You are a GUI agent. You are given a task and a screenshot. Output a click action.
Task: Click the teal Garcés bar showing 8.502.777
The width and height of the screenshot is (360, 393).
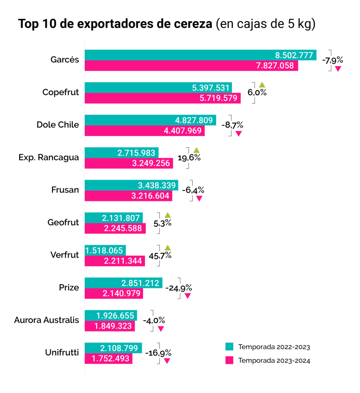coord(200,55)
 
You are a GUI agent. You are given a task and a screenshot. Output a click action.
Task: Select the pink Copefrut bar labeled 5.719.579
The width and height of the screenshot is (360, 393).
coord(162,98)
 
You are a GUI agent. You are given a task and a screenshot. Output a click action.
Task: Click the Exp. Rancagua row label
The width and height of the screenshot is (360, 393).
coord(48,157)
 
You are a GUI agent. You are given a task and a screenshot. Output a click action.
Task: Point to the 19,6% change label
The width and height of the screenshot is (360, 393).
coord(189,158)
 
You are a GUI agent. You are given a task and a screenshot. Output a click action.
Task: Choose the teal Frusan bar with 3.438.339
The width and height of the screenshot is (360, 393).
coord(131,185)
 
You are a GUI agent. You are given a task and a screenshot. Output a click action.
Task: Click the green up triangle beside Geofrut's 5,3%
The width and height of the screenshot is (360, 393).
coord(168,215)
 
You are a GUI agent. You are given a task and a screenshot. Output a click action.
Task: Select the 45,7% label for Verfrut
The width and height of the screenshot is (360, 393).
coord(160,256)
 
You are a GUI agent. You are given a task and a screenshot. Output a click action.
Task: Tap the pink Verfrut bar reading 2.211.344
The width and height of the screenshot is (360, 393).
coord(115,261)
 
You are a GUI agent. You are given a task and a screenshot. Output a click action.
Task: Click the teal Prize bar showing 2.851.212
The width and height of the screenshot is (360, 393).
coord(123,283)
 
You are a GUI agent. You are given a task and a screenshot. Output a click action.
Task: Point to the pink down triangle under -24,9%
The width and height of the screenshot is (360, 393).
coord(187,296)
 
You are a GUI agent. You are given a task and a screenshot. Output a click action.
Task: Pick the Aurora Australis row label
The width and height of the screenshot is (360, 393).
coord(46,320)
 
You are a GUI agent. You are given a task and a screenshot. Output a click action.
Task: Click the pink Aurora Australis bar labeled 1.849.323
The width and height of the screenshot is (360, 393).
coord(110,326)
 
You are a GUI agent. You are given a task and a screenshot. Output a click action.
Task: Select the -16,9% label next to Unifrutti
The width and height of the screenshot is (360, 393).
coord(158,353)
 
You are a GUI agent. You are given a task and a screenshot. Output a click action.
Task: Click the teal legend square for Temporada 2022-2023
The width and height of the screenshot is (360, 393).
coord(229,347)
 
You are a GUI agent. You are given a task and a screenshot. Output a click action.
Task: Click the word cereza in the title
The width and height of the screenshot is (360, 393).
coord(191,24)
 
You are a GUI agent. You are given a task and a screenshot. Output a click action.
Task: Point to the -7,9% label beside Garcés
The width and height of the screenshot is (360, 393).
coord(332,60)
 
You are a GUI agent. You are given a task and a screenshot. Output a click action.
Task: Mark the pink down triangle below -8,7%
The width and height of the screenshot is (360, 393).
coord(238,134)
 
